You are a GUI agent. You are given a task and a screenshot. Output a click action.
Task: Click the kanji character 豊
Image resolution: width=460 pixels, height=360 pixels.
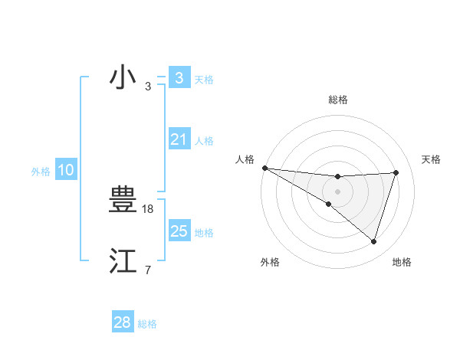[x=123, y=201]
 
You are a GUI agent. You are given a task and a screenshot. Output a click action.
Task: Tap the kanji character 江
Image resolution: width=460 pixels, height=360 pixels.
[x=123, y=261]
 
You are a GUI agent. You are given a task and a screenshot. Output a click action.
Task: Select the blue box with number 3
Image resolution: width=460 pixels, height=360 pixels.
[x=179, y=77]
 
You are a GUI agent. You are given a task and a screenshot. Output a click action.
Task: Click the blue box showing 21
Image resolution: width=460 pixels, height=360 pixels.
[x=179, y=139]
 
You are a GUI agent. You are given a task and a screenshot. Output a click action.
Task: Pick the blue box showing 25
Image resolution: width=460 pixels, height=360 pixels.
[x=179, y=231]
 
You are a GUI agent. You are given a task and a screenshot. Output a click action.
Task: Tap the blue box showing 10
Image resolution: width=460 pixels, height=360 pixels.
[x=65, y=170]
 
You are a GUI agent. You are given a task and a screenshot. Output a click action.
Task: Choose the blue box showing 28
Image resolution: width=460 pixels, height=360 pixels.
[x=123, y=322]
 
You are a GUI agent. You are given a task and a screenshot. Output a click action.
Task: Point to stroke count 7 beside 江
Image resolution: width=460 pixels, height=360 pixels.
[x=148, y=270]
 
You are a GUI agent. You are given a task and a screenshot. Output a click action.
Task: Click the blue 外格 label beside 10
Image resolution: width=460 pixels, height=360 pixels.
[x=41, y=172]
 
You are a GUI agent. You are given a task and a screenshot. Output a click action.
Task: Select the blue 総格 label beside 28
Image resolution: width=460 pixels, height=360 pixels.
[x=147, y=324]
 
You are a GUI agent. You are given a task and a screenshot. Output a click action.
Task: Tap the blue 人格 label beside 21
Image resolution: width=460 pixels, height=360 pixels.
[x=204, y=141]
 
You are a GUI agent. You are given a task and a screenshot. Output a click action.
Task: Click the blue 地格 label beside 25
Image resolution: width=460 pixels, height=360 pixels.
[x=204, y=232]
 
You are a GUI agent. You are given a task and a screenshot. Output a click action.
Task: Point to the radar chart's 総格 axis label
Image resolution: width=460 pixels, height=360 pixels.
[x=337, y=100]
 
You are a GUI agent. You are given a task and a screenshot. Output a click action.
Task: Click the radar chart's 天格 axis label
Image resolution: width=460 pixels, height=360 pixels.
[x=432, y=159]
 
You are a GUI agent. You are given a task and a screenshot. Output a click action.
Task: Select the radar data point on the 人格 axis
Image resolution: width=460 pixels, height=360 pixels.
[x=264, y=168]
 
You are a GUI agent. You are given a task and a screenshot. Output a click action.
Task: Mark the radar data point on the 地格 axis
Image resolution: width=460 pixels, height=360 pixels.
[x=373, y=241]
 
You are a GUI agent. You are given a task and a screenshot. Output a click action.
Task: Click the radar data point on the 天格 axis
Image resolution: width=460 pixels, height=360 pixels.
[x=396, y=172]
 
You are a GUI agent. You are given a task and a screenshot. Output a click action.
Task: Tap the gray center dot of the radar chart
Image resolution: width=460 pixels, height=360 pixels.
[x=337, y=191]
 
